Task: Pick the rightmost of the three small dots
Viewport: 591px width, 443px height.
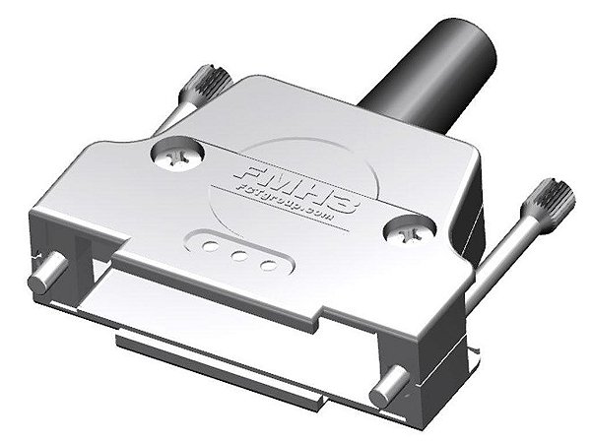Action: (x=267, y=264)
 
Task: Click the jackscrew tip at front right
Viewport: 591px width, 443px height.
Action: (x=385, y=388)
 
